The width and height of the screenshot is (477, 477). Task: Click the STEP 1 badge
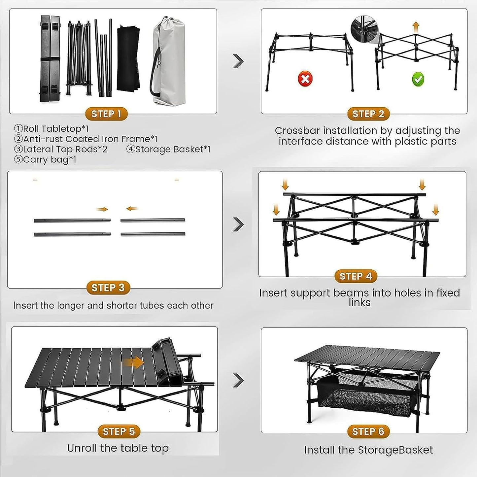106,114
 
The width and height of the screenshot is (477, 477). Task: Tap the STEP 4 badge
356,276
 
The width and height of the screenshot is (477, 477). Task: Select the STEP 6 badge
368,431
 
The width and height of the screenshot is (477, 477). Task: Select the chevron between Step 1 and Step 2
238,61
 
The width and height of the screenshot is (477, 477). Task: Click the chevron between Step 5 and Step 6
238,380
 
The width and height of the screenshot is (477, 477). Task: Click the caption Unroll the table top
118,448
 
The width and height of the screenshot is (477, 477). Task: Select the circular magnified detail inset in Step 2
363,29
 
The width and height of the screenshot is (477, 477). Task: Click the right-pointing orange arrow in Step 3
102,209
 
